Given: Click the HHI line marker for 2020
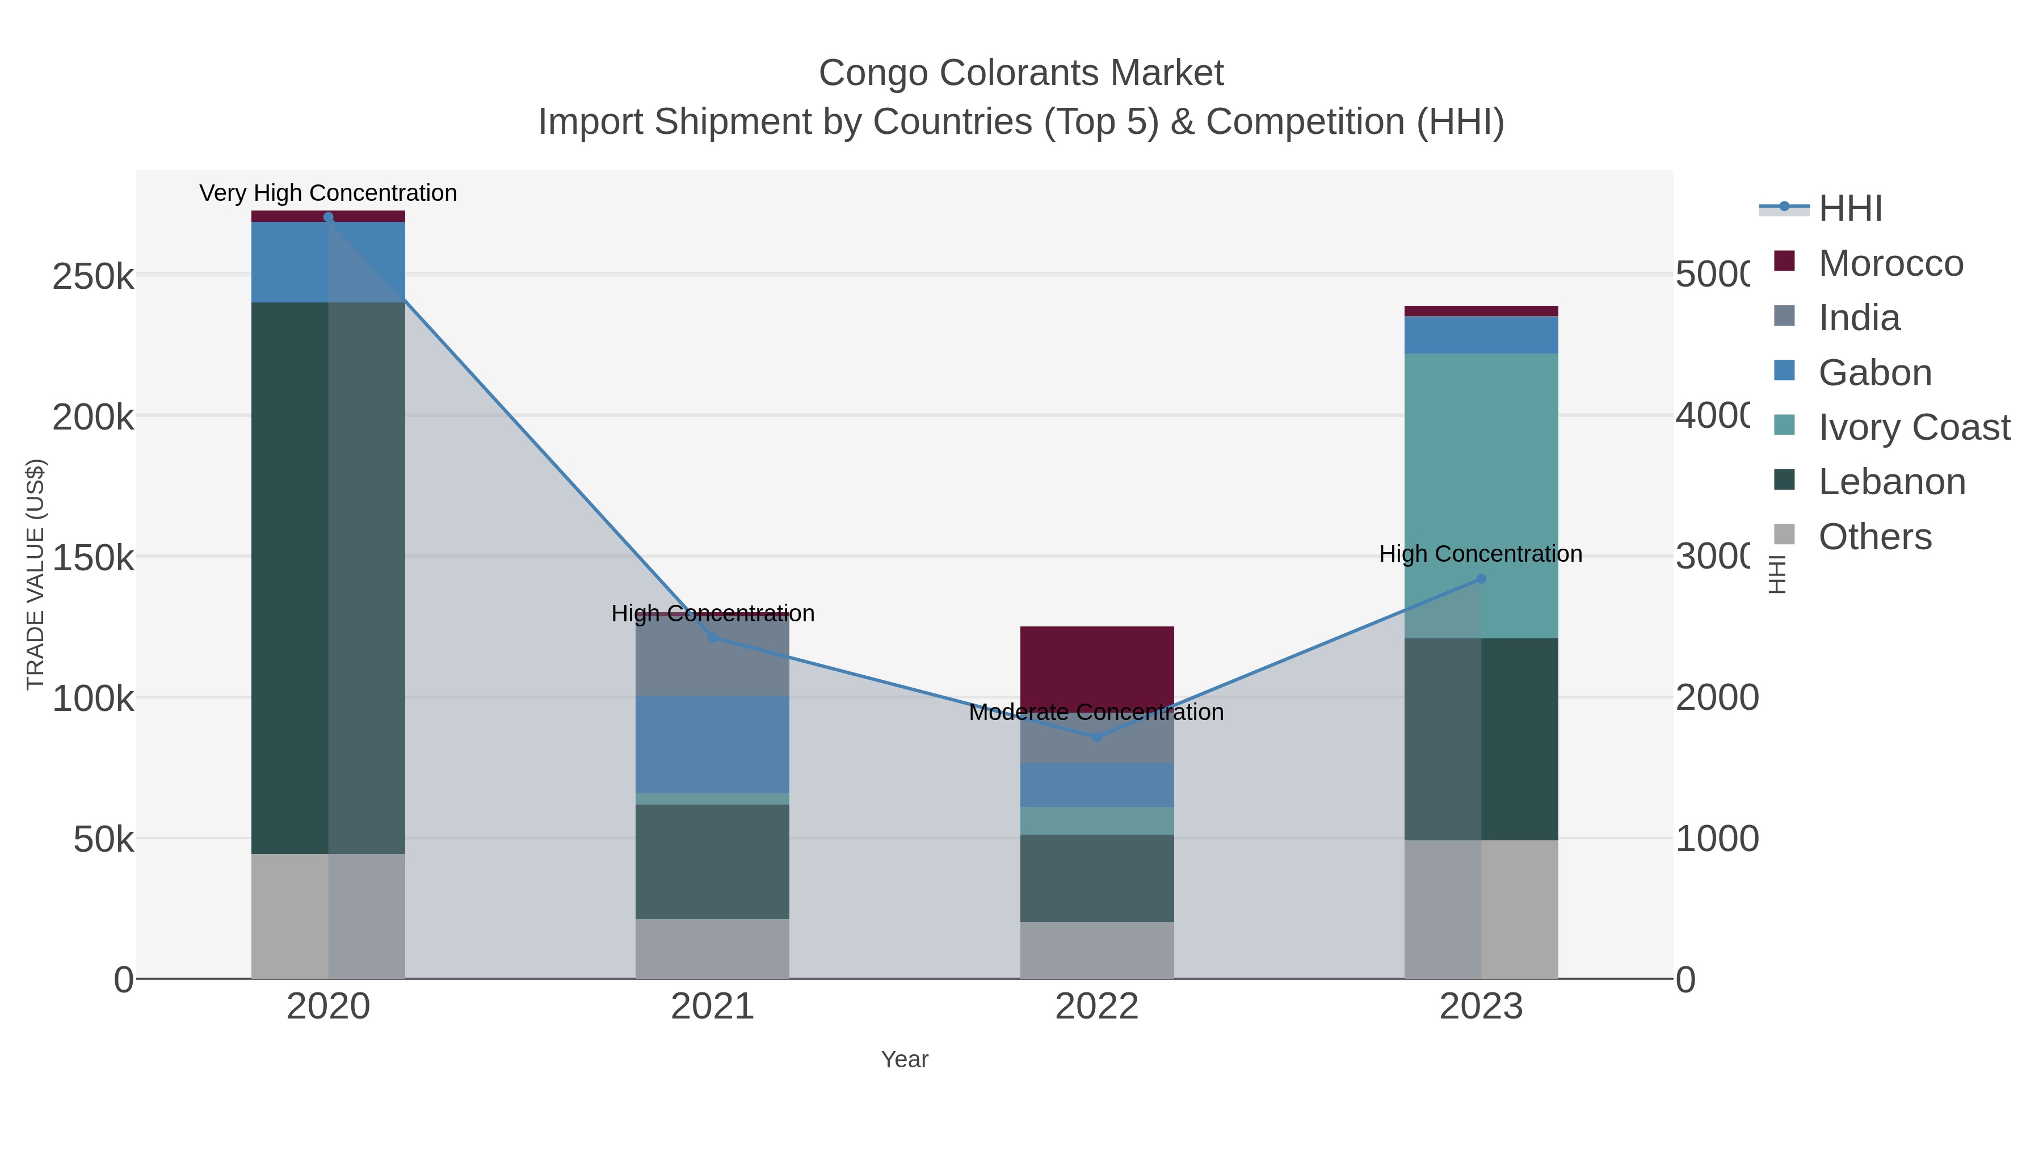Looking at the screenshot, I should point(329,217).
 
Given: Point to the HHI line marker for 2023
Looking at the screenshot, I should point(1481,579).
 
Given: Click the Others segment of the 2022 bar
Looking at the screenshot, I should point(1097,950).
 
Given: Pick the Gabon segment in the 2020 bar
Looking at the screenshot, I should point(329,262).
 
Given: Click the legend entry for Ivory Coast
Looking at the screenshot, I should point(1914,427).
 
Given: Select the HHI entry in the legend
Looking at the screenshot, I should point(1849,209).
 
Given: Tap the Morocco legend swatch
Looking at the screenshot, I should point(1784,261).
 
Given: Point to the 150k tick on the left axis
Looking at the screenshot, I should point(94,557).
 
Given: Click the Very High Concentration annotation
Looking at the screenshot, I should point(329,193).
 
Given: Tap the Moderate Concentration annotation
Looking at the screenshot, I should point(1097,713).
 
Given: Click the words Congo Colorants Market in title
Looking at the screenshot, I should point(1021,73).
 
